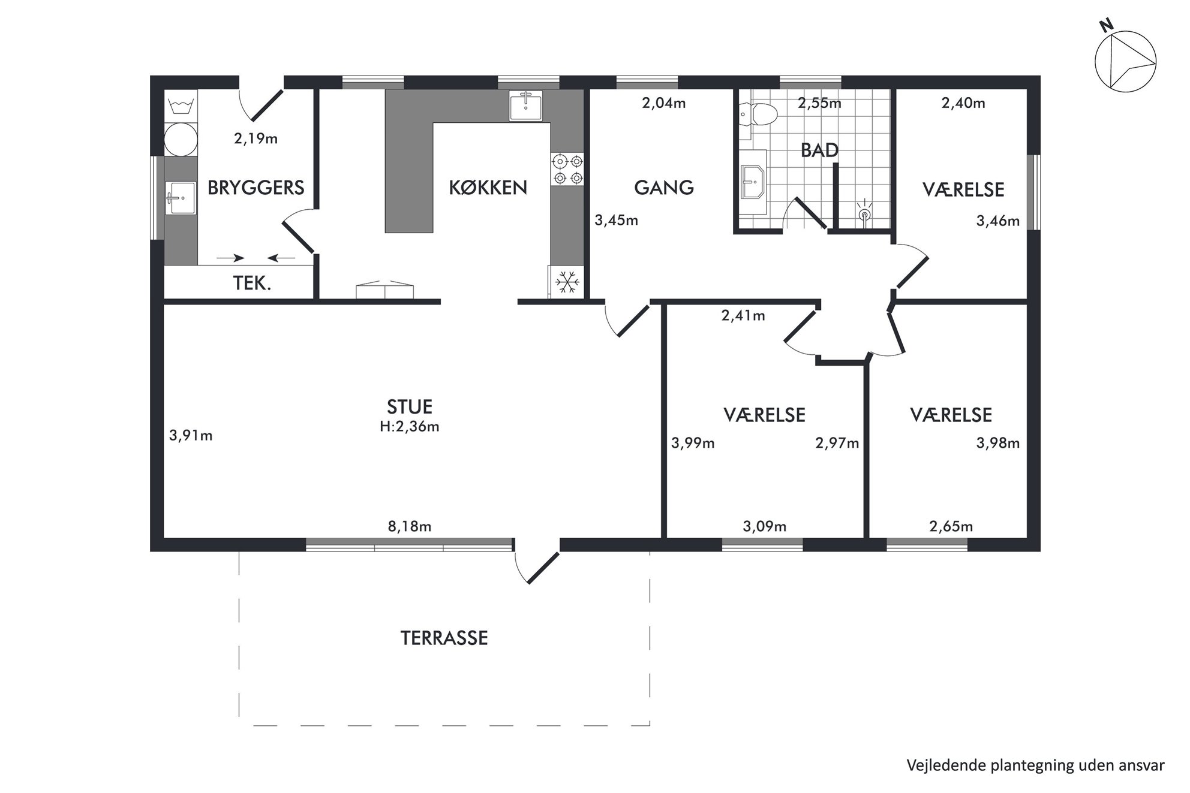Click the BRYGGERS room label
point(256,188)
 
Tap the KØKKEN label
point(488,188)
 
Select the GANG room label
point(664,188)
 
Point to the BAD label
point(819,150)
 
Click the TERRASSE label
point(444,638)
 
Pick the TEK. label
point(252,283)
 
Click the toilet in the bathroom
point(758,113)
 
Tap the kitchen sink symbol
point(525,106)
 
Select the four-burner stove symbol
point(567,169)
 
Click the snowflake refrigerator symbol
point(567,281)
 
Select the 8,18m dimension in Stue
point(410,527)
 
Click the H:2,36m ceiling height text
point(410,427)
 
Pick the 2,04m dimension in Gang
point(664,103)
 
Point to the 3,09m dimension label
point(765,527)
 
